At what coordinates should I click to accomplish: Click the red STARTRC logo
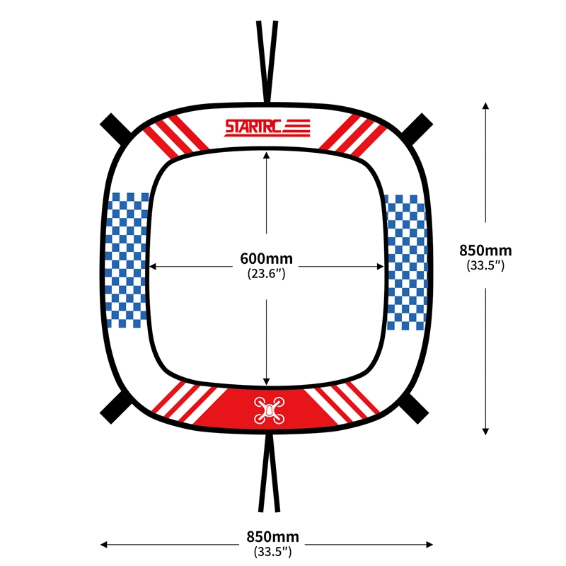point(267,128)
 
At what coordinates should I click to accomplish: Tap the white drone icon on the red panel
point(270,410)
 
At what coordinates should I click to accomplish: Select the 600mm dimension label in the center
point(267,258)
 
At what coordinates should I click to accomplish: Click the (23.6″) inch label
point(267,274)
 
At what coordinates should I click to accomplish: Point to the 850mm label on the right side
point(485,250)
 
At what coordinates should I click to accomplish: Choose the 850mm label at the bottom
point(273,537)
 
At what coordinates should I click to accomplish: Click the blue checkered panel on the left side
point(127,260)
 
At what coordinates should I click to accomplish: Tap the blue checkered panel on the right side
point(406,262)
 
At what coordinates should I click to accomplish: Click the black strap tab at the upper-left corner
point(116,129)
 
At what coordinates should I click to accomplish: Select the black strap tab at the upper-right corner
point(417,129)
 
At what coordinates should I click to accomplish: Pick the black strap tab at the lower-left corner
point(116,408)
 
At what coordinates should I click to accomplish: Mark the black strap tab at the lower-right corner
point(413,408)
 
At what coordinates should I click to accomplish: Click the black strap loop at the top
point(267,62)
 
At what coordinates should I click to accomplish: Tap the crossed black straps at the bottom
point(270,473)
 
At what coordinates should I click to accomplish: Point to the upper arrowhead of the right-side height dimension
point(485,105)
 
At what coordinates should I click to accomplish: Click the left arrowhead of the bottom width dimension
point(103,544)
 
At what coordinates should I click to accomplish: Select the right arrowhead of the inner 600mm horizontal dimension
point(381,267)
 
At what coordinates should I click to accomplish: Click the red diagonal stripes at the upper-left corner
point(175,136)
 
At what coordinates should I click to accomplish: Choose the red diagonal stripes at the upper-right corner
point(352,136)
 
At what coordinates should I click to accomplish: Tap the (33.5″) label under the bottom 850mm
point(273,552)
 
